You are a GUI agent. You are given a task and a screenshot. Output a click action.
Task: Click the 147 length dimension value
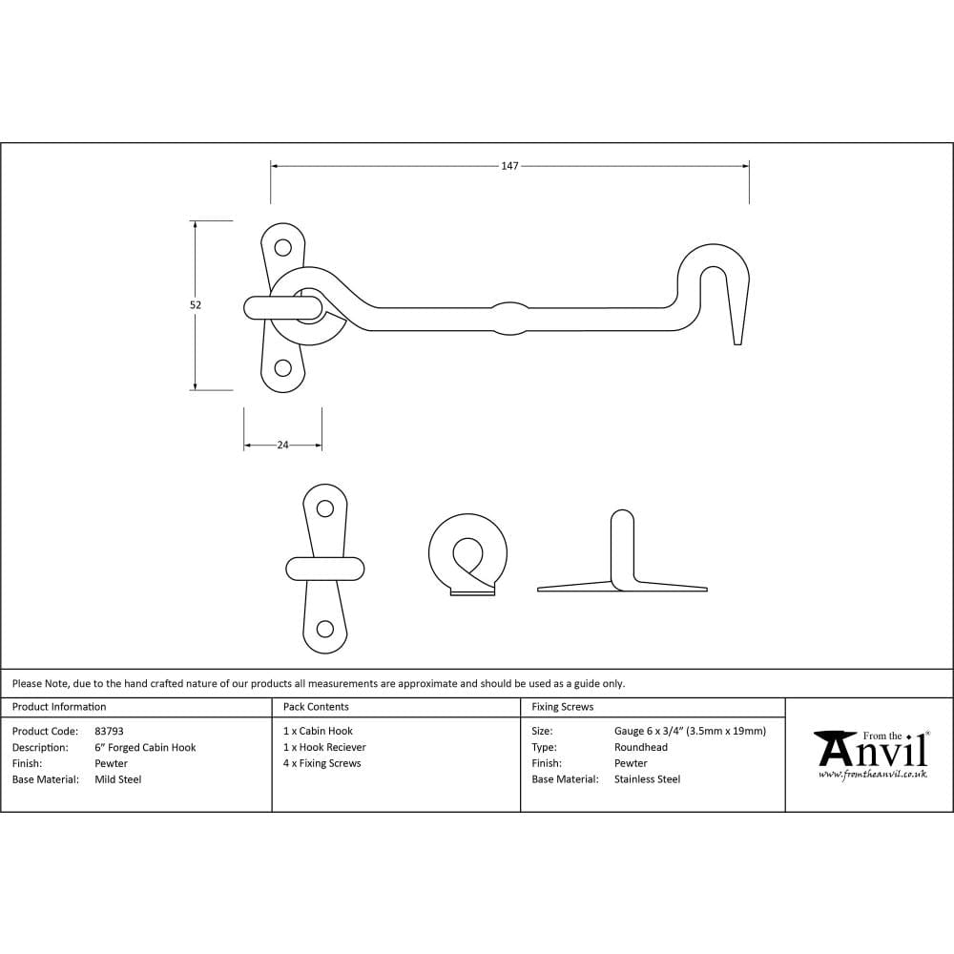click(x=509, y=165)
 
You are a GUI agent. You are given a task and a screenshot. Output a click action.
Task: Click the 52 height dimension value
click(x=196, y=305)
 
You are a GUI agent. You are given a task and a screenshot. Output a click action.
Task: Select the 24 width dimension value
click(x=283, y=445)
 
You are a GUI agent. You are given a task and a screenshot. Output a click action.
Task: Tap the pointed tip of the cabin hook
click(x=737, y=343)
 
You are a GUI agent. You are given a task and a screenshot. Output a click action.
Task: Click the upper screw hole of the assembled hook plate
click(x=283, y=247)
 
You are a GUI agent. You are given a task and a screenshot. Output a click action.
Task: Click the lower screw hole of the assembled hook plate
click(x=283, y=367)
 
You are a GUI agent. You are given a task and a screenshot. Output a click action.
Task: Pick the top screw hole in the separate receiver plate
click(x=325, y=508)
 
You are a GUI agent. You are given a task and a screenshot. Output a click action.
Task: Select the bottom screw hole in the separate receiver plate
click(x=325, y=629)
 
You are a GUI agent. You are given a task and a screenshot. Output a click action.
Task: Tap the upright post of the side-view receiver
click(x=622, y=548)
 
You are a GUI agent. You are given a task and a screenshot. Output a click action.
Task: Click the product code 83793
click(x=109, y=731)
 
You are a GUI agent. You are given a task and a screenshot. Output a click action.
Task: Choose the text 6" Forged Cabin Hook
click(x=145, y=747)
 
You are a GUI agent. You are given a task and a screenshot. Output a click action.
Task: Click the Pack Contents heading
click(x=316, y=706)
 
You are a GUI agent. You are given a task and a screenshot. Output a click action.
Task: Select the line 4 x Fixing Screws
click(x=321, y=763)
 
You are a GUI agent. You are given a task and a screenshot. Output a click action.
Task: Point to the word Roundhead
click(x=641, y=747)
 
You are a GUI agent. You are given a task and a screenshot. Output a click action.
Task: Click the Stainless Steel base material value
click(x=648, y=778)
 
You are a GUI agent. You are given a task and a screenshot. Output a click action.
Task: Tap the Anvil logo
click(x=872, y=749)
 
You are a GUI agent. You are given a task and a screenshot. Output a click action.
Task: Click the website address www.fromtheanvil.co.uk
click(x=873, y=775)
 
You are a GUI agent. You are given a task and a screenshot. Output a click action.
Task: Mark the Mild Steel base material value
click(x=118, y=779)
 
